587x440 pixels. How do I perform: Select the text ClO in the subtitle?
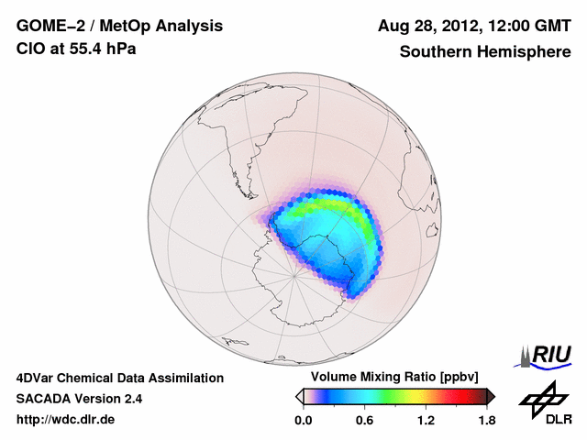click(x=32, y=49)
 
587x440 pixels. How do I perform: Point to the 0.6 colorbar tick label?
click(x=364, y=421)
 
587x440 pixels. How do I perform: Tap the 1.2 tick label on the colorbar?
click(x=426, y=421)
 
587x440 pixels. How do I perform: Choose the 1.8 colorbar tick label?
click(x=487, y=421)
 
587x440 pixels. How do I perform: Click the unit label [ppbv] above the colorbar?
click(x=454, y=377)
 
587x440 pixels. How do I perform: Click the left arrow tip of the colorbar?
click(x=299, y=396)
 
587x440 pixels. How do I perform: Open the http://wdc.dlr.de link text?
click(x=66, y=420)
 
